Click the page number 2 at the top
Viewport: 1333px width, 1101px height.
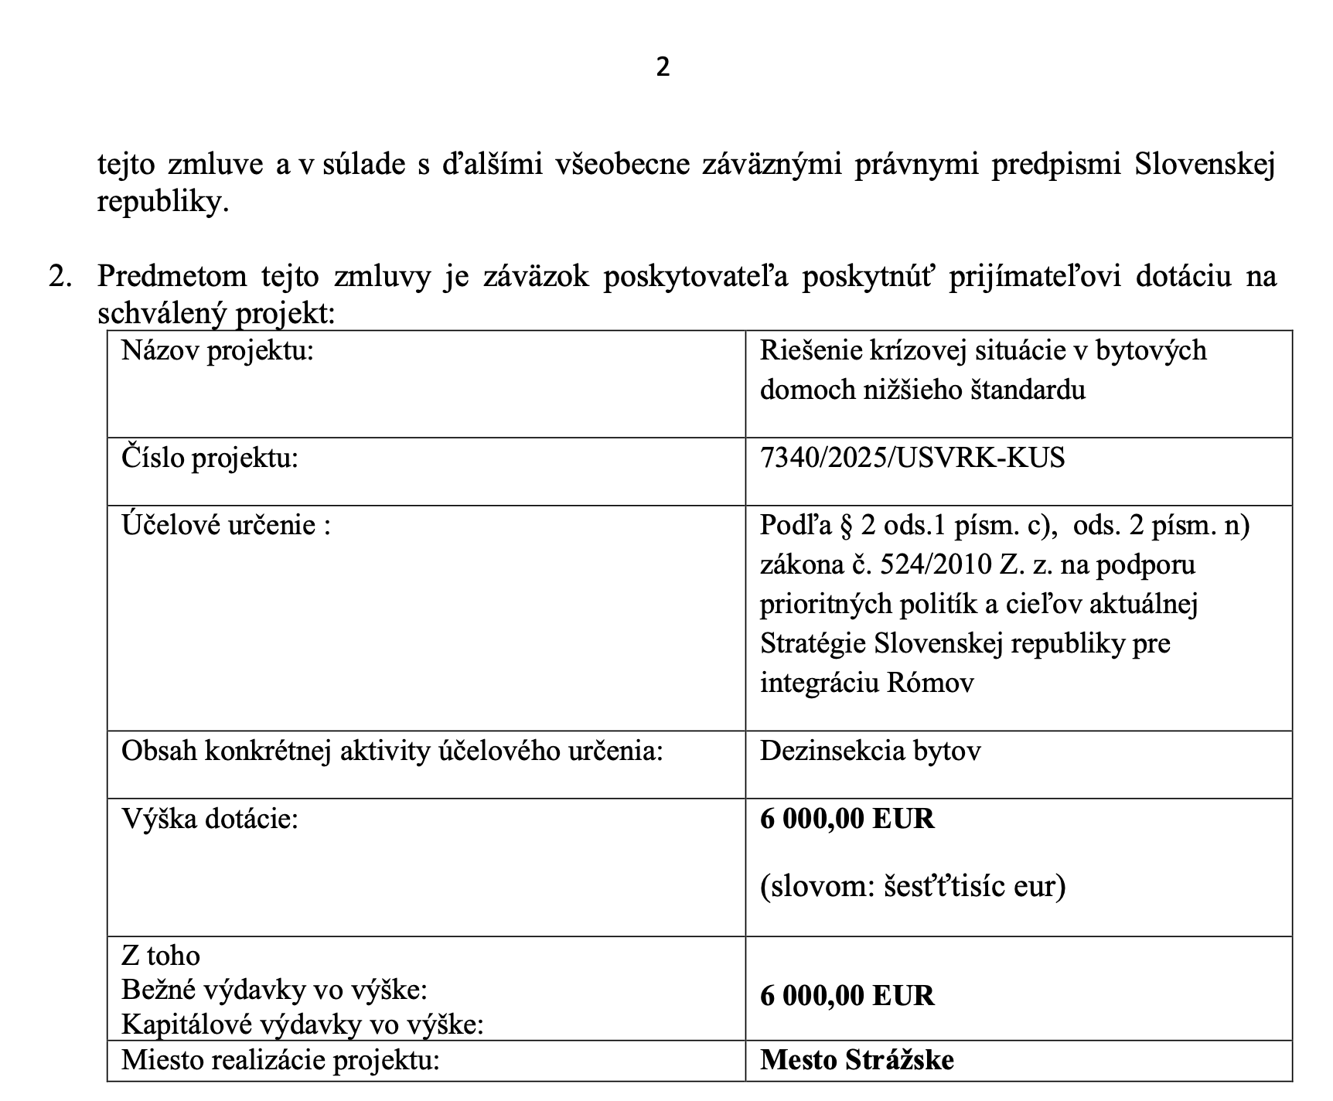tap(663, 68)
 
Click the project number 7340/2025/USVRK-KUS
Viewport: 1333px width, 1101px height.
tap(912, 458)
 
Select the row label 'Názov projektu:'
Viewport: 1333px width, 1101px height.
tap(217, 351)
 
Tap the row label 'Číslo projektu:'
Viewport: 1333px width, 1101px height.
tap(210, 458)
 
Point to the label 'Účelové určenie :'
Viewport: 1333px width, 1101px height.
tap(226, 526)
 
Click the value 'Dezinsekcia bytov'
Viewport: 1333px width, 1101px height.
tap(870, 751)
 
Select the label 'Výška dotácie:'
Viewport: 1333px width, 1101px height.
tap(210, 819)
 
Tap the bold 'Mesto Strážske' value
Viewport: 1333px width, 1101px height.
tap(857, 1059)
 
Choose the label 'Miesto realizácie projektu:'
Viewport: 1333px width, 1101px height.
tap(280, 1059)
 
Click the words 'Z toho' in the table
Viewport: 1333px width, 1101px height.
tap(161, 956)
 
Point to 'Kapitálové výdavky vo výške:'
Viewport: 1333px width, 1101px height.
tap(302, 1024)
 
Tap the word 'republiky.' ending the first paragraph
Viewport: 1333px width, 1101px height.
tap(163, 203)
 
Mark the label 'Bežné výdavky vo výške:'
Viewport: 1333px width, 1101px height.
tap(274, 990)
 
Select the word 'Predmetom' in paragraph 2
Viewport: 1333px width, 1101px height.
tap(172, 277)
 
